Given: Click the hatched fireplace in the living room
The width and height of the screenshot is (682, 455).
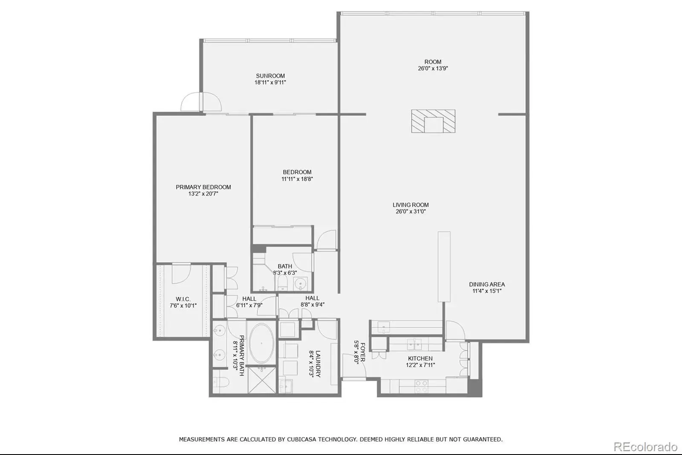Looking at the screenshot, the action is pos(433,121).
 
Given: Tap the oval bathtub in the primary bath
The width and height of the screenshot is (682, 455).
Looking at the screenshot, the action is pos(261,344).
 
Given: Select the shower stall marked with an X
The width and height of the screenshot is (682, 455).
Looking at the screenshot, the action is pos(262,380).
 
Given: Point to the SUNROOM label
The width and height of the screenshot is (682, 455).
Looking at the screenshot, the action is pos(270,76).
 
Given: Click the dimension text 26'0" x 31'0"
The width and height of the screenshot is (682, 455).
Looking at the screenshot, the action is pos(410,211).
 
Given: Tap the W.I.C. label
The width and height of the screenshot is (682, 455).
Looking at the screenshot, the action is pos(183,299).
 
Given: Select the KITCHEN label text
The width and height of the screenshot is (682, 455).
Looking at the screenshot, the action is pos(420,359).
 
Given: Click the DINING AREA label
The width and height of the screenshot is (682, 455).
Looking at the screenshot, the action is pos(487,284).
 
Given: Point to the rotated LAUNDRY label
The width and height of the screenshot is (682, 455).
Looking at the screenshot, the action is pos(318,364).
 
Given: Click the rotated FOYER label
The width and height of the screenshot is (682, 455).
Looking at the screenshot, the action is pos(363,352).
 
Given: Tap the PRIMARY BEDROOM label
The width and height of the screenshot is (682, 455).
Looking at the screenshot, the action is pos(203,187).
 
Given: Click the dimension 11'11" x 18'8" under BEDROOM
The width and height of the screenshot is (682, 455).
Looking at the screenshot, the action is pos(297,179).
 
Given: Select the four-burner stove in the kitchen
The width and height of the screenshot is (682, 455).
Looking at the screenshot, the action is pos(422,386).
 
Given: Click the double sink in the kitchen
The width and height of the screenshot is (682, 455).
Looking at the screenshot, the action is pos(414,344).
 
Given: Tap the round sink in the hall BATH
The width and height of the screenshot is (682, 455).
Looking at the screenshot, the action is pos(301,284).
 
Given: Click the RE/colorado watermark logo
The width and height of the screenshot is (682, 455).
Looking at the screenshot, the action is pos(645,447).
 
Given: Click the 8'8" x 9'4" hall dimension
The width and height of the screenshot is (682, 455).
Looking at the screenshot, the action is pos(313,304).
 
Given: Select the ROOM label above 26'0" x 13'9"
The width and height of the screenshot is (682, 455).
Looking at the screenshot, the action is pos(433,61).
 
